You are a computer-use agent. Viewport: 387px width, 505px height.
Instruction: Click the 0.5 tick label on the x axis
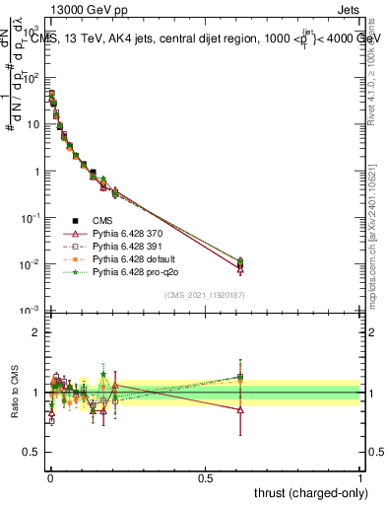pyautogui.click(x=204, y=477)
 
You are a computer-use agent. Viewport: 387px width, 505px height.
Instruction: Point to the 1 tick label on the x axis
pyautogui.click(x=359, y=477)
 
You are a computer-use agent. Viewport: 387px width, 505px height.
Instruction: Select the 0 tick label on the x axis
pyautogui.click(x=50, y=477)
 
